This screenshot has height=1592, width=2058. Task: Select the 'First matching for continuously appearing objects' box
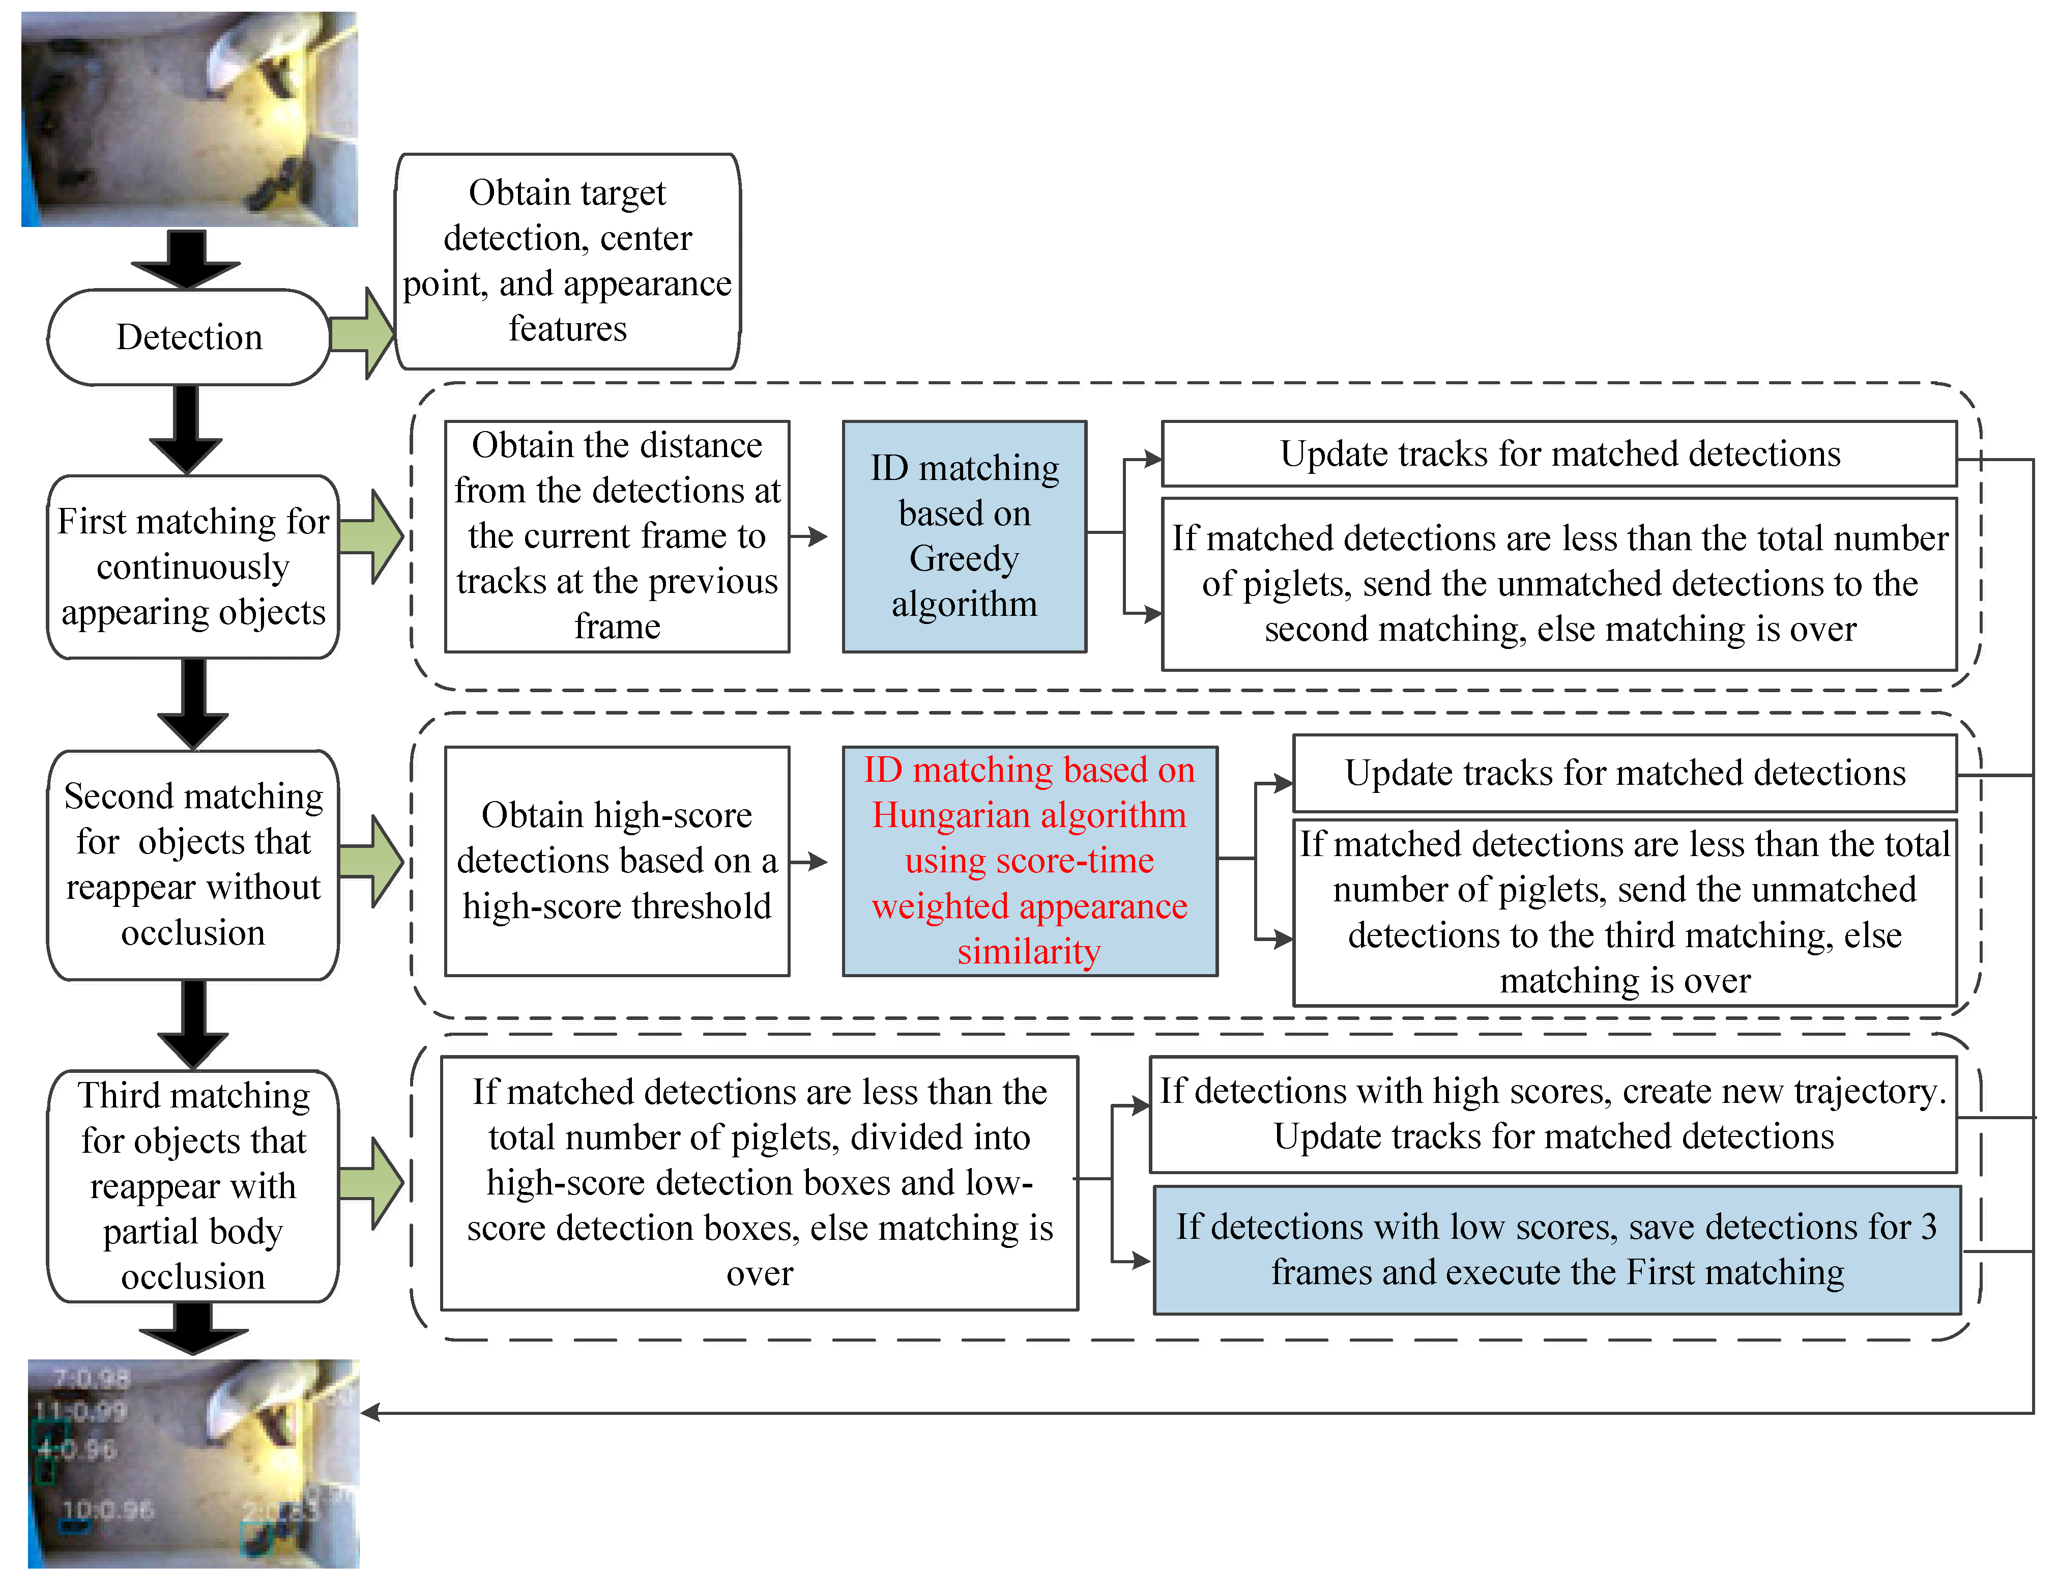(193, 566)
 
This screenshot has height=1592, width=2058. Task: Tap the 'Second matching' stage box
(193, 864)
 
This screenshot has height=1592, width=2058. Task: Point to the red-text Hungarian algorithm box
(1029, 861)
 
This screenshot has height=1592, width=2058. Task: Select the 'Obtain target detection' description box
(567, 261)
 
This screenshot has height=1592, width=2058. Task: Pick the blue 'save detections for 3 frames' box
(1557, 1250)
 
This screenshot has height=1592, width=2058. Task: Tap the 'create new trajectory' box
(1553, 1114)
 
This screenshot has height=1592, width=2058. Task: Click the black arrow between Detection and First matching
(187, 429)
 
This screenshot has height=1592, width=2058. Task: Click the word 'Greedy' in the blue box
(964, 558)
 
